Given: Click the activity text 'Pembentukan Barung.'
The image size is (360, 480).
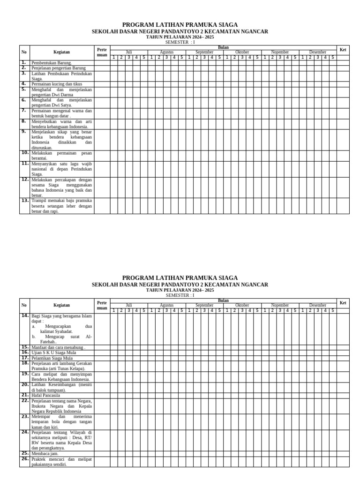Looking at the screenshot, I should coord(52,63).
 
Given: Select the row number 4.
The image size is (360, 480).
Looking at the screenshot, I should coord(23,84).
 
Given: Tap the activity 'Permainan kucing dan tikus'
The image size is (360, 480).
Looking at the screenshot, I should coord(57,84).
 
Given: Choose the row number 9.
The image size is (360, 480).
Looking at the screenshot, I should coord(23,132).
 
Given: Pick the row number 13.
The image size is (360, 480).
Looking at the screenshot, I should coord(25,200).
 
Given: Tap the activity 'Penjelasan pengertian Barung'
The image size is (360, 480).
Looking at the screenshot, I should coord(59,68).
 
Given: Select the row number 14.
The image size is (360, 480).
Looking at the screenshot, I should coord(25,316).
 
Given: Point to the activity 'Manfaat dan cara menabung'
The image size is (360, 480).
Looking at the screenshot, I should coord(58,348).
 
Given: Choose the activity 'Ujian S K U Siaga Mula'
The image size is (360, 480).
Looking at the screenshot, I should coord(53,352).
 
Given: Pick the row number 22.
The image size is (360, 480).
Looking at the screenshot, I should coord(25,401).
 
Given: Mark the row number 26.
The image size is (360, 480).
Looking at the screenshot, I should coord(25,459).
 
